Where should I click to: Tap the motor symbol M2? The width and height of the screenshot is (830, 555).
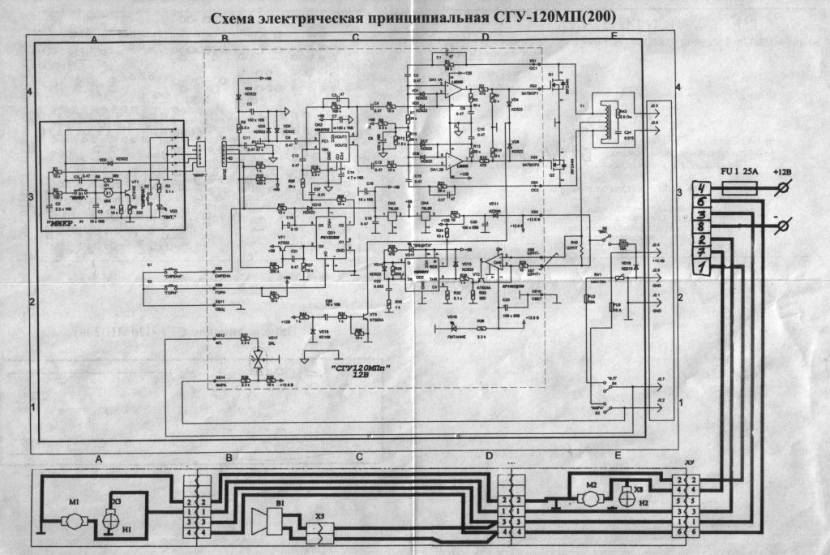click(x=591, y=490)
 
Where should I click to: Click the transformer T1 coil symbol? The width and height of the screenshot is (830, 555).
click(x=602, y=123)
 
